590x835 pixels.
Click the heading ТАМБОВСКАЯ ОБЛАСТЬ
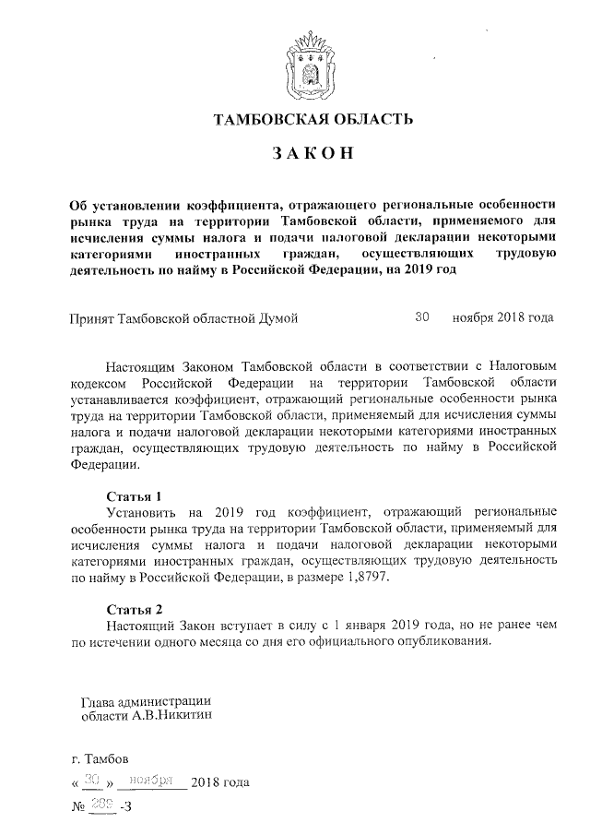[307, 119]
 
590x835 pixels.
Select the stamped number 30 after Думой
[422, 316]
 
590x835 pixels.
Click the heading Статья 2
[135, 610]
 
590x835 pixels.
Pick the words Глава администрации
[147, 698]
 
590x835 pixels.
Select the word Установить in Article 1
[144, 511]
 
